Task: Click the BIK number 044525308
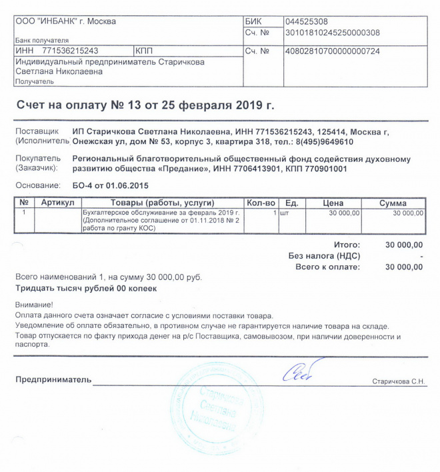click(306, 21)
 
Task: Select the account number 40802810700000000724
click(332, 51)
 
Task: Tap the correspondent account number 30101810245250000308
click(332, 32)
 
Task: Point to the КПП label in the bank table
click(144, 51)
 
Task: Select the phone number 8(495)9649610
click(327, 142)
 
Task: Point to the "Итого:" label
click(347, 245)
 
